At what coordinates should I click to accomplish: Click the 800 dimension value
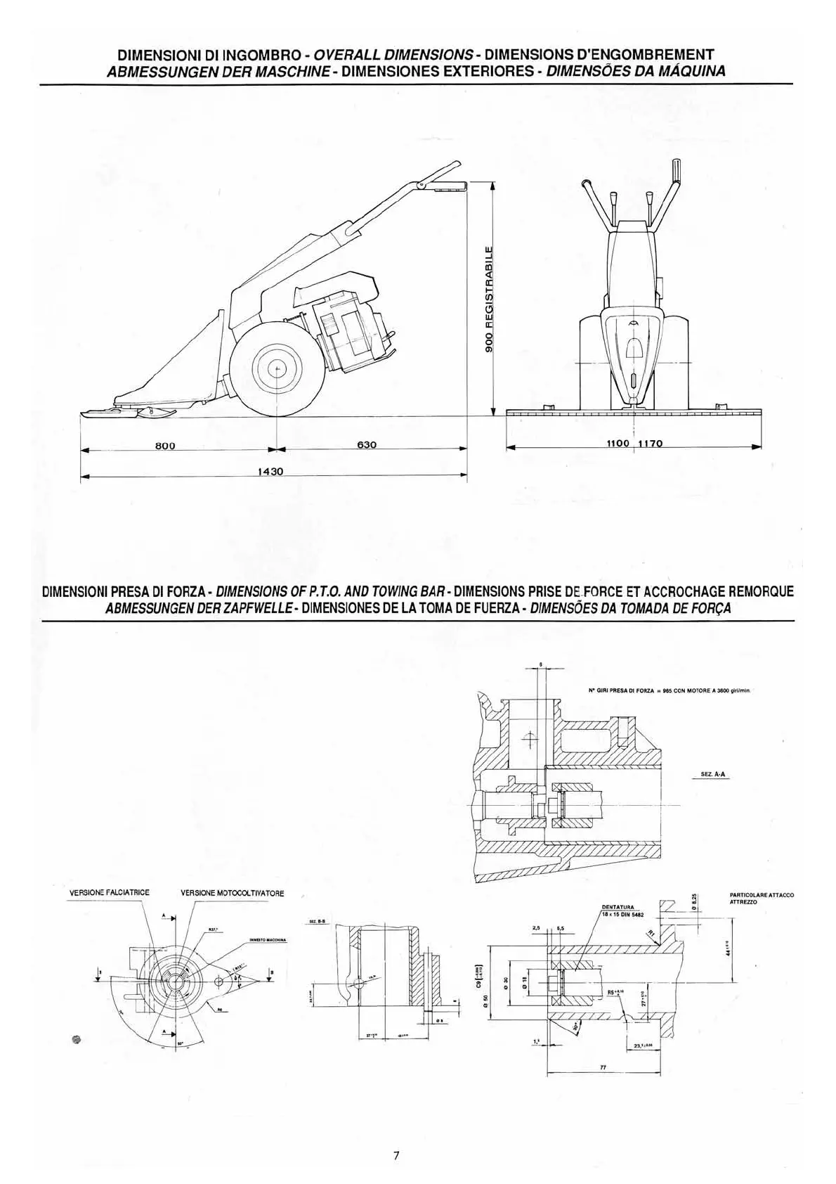pyautogui.click(x=164, y=445)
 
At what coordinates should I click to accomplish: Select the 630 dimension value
pyautogui.click(x=367, y=444)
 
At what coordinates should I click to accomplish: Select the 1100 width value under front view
pyautogui.click(x=620, y=444)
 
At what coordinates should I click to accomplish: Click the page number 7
pyautogui.click(x=396, y=1155)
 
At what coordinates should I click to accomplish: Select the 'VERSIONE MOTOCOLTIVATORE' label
pyautogui.click(x=233, y=893)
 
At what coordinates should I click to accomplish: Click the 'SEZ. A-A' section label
pyautogui.click(x=713, y=773)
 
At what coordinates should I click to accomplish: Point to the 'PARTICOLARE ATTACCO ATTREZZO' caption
pyautogui.click(x=762, y=898)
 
